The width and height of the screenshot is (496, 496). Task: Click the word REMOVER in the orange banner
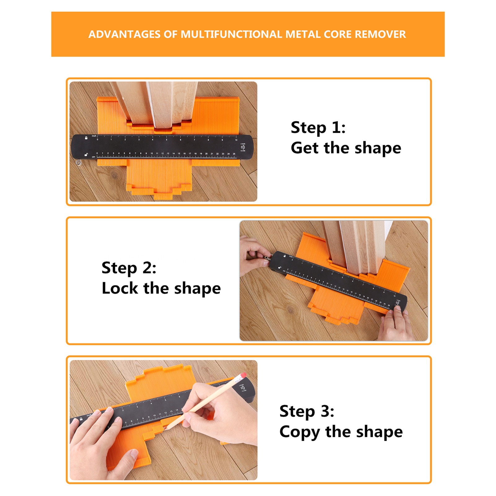click(x=380, y=34)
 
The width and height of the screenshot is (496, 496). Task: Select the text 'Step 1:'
click(x=318, y=128)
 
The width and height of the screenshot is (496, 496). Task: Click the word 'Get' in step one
click(x=305, y=148)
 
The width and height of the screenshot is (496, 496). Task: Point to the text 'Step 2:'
click(x=129, y=268)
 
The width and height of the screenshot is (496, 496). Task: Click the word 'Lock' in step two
click(x=120, y=288)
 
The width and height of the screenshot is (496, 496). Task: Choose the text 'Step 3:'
click(x=307, y=411)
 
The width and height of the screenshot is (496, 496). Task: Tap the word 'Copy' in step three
click(x=299, y=432)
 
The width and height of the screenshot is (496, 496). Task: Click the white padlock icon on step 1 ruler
click(x=86, y=138)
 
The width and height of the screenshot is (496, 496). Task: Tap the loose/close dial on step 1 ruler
click(x=243, y=147)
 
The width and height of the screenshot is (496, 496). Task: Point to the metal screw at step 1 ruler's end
click(x=79, y=162)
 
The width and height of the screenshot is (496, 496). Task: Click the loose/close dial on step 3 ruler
click(x=242, y=388)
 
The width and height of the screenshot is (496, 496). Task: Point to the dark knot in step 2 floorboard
click(x=291, y=309)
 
